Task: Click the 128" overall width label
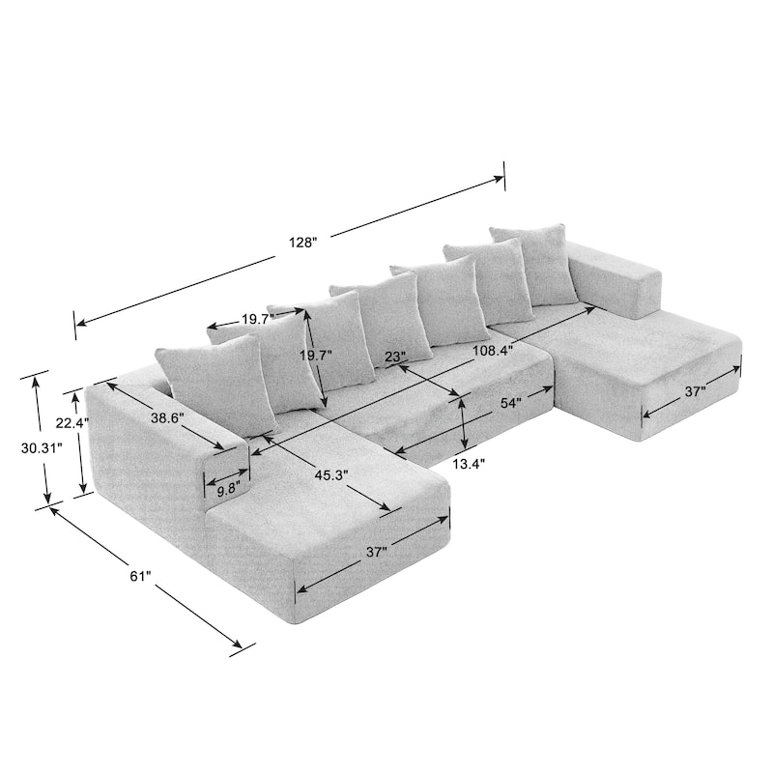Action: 302,243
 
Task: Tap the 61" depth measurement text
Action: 140,576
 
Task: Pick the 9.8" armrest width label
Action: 228,490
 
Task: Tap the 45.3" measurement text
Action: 330,474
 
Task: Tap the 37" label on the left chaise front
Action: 377,552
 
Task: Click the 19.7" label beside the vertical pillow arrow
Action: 315,356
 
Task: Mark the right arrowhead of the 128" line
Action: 501,178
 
